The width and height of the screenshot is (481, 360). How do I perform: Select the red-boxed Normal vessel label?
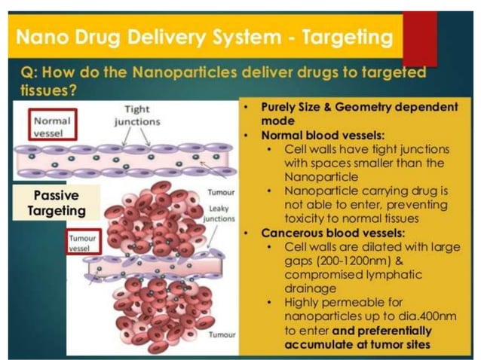pyautogui.click(x=51, y=126)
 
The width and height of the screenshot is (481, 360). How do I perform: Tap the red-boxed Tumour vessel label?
pyautogui.click(x=81, y=242)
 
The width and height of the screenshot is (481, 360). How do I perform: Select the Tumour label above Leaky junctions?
pyautogui.click(x=219, y=194)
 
